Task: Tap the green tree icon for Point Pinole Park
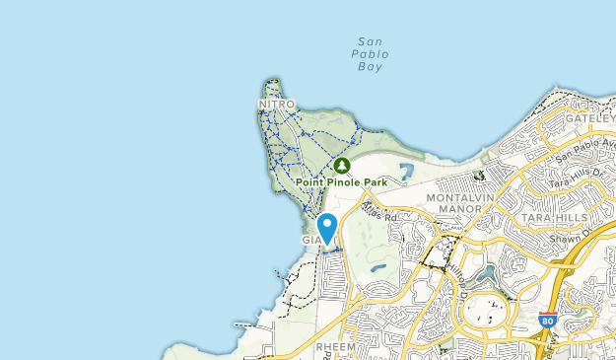pyautogui.click(x=342, y=166)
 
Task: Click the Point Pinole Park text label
pyautogui.click(x=341, y=182)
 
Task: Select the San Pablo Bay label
pyautogui.click(x=370, y=54)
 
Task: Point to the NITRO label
pyautogui.click(x=276, y=104)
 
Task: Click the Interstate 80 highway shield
pyautogui.click(x=548, y=321)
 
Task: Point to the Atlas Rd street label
pyautogui.click(x=378, y=212)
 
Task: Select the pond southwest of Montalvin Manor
pyautogui.click(x=377, y=267)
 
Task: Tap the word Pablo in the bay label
pyautogui.click(x=370, y=54)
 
